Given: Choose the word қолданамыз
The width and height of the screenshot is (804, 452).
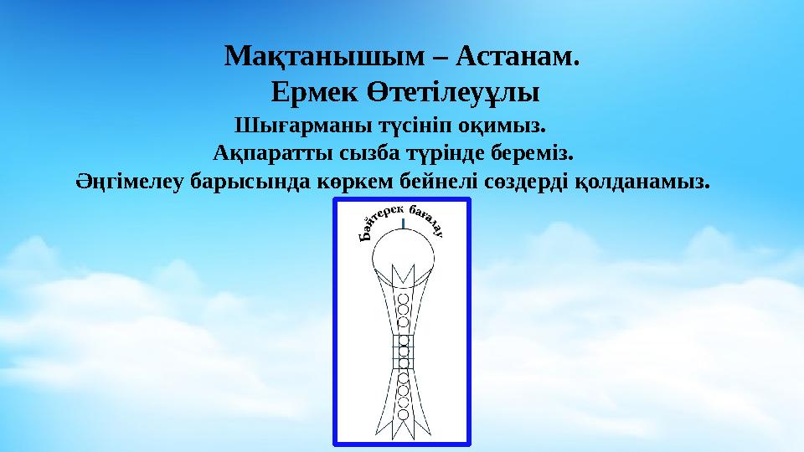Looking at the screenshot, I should pos(641,180).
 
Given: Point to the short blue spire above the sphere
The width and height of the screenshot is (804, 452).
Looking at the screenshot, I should pos(403,223).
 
